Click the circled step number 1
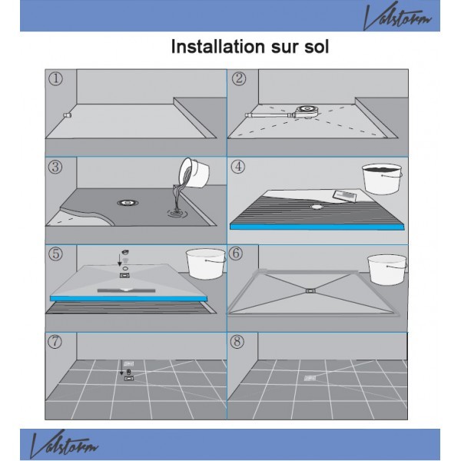pos(55,79)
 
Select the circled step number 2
pos(239,78)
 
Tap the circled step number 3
pos(55,167)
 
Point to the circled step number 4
pos(238,167)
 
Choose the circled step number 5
pos(55,254)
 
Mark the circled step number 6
pos(236,254)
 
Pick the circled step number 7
pos(55,342)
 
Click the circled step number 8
pos(237,342)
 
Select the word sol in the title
pos(317,47)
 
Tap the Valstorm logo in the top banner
pos(397,15)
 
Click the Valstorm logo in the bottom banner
pos(64,445)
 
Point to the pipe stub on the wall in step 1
pos(68,115)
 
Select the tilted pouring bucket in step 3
pos(194,173)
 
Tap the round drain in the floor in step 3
pos(128,203)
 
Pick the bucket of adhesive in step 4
pos(382,179)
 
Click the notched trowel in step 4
pos(344,195)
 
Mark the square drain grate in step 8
pos(310,378)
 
